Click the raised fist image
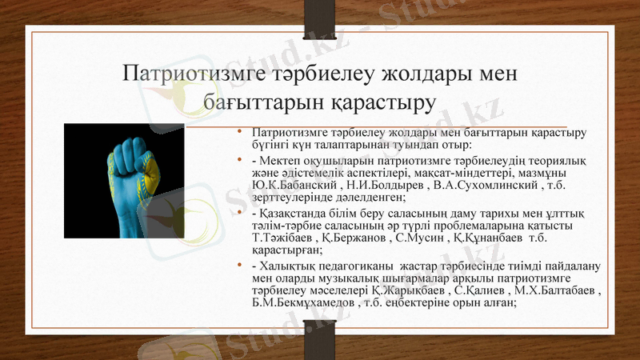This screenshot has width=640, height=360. [124, 181]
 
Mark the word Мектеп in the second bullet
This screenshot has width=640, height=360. [282, 160]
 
